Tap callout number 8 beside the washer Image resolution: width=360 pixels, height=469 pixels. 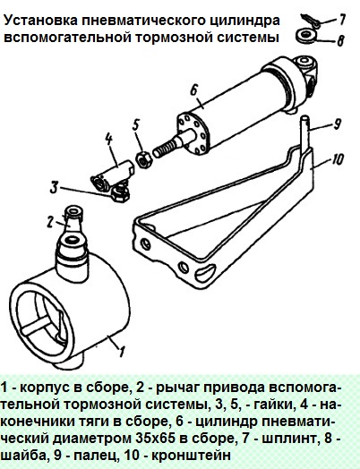pos(340,39)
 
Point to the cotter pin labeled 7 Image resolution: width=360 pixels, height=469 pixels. pos(310,21)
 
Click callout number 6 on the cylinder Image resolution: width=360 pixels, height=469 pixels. pos(194,90)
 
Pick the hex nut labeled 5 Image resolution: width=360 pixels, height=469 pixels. pos(144,159)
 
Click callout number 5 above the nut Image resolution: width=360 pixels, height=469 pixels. pos(136,125)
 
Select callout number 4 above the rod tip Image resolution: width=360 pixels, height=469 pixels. pos(108,141)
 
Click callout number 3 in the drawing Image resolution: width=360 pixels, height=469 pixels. pos(54,187)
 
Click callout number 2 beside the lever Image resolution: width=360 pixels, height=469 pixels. pos(51,222)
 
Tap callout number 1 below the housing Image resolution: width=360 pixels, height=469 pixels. pos(121,351)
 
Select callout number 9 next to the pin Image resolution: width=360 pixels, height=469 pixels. pos(338,124)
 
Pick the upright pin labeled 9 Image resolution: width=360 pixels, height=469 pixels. pos(304,133)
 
